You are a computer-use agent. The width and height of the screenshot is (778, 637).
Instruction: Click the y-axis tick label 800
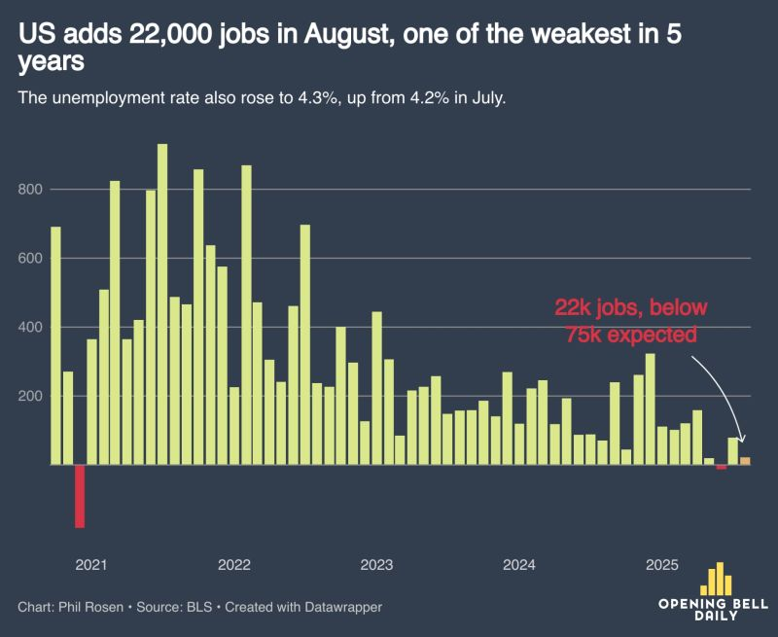click(x=31, y=189)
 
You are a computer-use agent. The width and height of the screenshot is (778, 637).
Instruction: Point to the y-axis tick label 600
click(x=31, y=259)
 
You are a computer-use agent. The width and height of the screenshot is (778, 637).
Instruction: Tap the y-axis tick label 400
click(x=31, y=327)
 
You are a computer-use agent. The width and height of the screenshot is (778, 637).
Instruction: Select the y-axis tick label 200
click(x=31, y=396)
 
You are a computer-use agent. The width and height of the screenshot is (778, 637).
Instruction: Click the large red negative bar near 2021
click(x=80, y=496)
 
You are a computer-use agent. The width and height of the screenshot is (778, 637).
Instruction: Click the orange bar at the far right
click(x=745, y=461)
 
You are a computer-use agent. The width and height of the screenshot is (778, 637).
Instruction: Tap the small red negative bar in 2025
click(x=721, y=468)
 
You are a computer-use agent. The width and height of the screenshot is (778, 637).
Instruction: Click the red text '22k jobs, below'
click(x=631, y=309)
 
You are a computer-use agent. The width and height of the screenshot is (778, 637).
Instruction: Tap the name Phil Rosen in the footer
click(x=92, y=607)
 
